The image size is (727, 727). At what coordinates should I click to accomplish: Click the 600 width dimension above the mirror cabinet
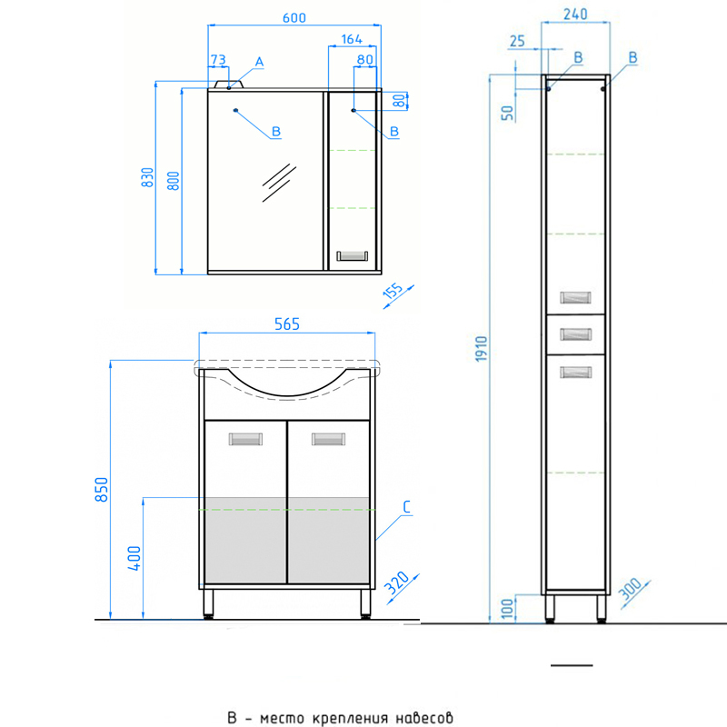[294, 18]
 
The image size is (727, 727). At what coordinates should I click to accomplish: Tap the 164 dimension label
[352, 39]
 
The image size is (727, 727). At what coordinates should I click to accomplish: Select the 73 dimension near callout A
[218, 60]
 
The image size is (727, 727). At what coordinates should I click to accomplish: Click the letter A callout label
[259, 62]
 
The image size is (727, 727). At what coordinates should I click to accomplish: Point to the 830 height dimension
[147, 177]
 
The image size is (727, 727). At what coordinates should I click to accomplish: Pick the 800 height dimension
[173, 181]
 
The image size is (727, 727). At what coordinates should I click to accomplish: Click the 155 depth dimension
[393, 291]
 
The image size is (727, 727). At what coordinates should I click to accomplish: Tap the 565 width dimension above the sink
[287, 324]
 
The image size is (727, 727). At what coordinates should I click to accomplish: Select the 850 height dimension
[102, 489]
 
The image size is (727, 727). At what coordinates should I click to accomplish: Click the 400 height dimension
[134, 558]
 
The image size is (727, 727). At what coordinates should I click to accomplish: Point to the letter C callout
[406, 507]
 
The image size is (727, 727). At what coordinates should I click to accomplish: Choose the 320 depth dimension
[397, 583]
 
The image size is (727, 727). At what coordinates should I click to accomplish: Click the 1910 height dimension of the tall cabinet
[482, 349]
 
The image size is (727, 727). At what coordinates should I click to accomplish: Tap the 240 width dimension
[575, 15]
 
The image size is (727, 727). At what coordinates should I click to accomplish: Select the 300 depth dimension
[630, 589]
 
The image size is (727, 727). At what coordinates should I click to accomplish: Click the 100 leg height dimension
[508, 608]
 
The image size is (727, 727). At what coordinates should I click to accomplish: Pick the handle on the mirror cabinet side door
[353, 256]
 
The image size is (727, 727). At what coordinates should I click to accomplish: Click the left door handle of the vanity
[245, 439]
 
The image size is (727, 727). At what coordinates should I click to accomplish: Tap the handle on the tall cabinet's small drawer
[575, 334]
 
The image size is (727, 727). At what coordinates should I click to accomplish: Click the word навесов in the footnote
[424, 718]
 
